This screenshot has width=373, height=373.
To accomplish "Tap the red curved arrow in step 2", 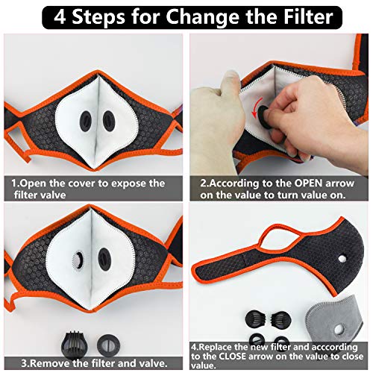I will (x=259, y=113).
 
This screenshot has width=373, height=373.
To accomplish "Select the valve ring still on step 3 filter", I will (x=79, y=260).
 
